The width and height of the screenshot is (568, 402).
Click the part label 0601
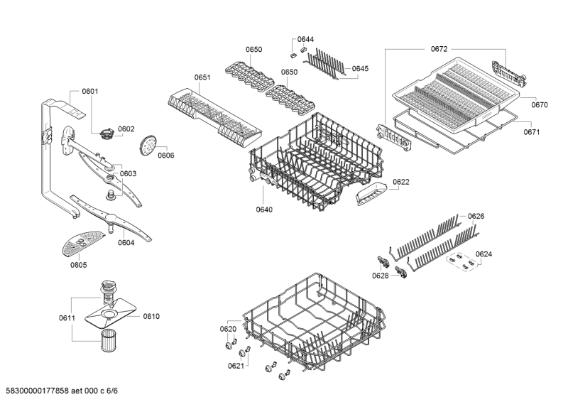coord(89,91)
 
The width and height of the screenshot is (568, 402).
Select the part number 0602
coord(126,129)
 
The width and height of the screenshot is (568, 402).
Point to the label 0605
coord(78,265)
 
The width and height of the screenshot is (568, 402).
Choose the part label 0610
coord(151,317)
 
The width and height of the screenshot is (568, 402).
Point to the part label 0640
coord(264,210)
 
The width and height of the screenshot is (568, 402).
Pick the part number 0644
coord(305,39)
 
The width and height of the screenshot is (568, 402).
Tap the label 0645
coord(360,69)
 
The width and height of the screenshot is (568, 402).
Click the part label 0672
coord(438,49)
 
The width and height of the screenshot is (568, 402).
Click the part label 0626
coord(476,216)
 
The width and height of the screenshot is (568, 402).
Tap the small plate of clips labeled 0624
coord(460,264)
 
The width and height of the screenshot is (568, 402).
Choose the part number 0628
coord(381,275)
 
